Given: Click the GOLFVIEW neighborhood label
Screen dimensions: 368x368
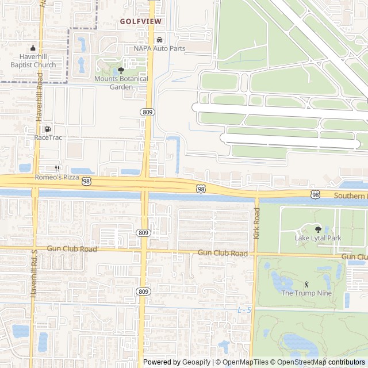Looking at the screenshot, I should pyautogui.click(x=141, y=21).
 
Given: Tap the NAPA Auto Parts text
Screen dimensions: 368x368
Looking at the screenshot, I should pyautogui.click(x=159, y=49).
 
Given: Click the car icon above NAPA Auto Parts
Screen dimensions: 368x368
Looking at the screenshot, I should pyautogui.click(x=159, y=40).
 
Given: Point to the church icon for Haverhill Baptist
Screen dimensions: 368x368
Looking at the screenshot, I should pyautogui.click(x=33, y=48).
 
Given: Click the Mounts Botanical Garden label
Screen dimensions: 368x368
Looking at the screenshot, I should pyautogui.click(x=121, y=83).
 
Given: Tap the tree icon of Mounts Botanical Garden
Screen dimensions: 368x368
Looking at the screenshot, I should pyautogui.click(x=121, y=71).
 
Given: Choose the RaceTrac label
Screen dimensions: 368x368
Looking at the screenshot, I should pyautogui.click(x=48, y=137).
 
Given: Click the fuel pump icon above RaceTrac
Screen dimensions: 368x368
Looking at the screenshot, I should pyautogui.click(x=48, y=129).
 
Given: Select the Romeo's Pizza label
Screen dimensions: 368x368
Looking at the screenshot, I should pyautogui.click(x=57, y=177).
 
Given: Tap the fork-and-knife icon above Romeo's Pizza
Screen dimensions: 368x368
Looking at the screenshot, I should pyautogui.click(x=57, y=168).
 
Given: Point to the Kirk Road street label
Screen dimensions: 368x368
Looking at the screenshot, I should pyautogui.click(x=256, y=224).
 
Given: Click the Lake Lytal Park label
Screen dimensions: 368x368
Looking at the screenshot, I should pyautogui.click(x=318, y=237).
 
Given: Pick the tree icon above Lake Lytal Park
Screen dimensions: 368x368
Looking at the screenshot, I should pyautogui.click(x=318, y=229).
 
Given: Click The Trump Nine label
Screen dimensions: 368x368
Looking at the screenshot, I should pyautogui.click(x=306, y=293).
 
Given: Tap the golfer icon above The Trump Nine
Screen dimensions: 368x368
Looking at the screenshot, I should pyautogui.click(x=306, y=284).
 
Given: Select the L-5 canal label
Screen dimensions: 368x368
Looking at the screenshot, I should pyautogui.click(x=244, y=310).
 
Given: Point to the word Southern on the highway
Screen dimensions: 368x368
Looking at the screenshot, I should pyautogui.click(x=349, y=196).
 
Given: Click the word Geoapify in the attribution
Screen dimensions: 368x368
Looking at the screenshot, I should pyautogui.click(x=197, y=362).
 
